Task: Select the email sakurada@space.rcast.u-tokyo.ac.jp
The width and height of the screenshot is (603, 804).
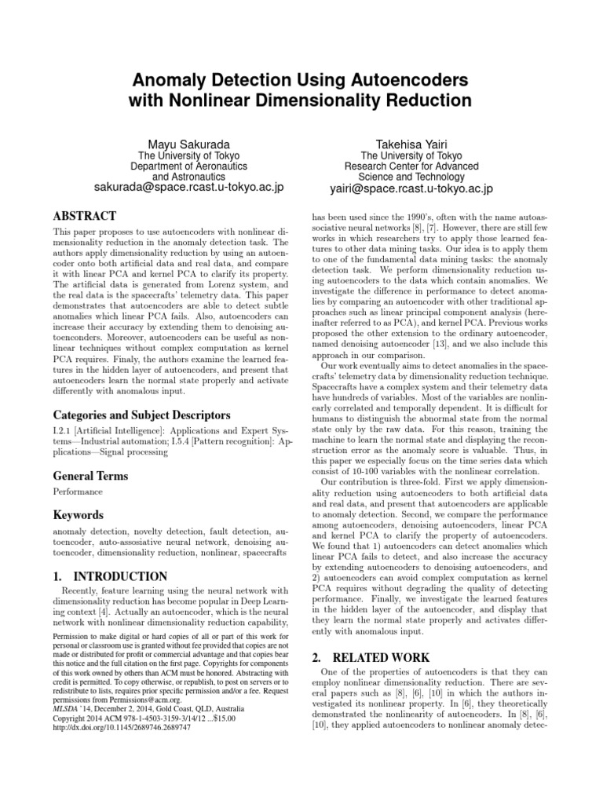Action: coord(188,188)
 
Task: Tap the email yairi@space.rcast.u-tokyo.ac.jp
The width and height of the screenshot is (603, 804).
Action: coord(411,188)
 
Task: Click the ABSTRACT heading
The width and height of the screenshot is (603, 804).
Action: coord(84,216)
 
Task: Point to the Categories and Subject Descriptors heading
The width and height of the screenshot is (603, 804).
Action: coord(141,414)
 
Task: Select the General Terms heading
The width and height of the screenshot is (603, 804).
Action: coord(90,476)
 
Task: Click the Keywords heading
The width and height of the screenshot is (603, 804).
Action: coord(78,515)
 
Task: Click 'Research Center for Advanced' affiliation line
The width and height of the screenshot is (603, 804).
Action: coord(411,166)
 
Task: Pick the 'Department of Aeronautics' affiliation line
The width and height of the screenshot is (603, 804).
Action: coord(188,166)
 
